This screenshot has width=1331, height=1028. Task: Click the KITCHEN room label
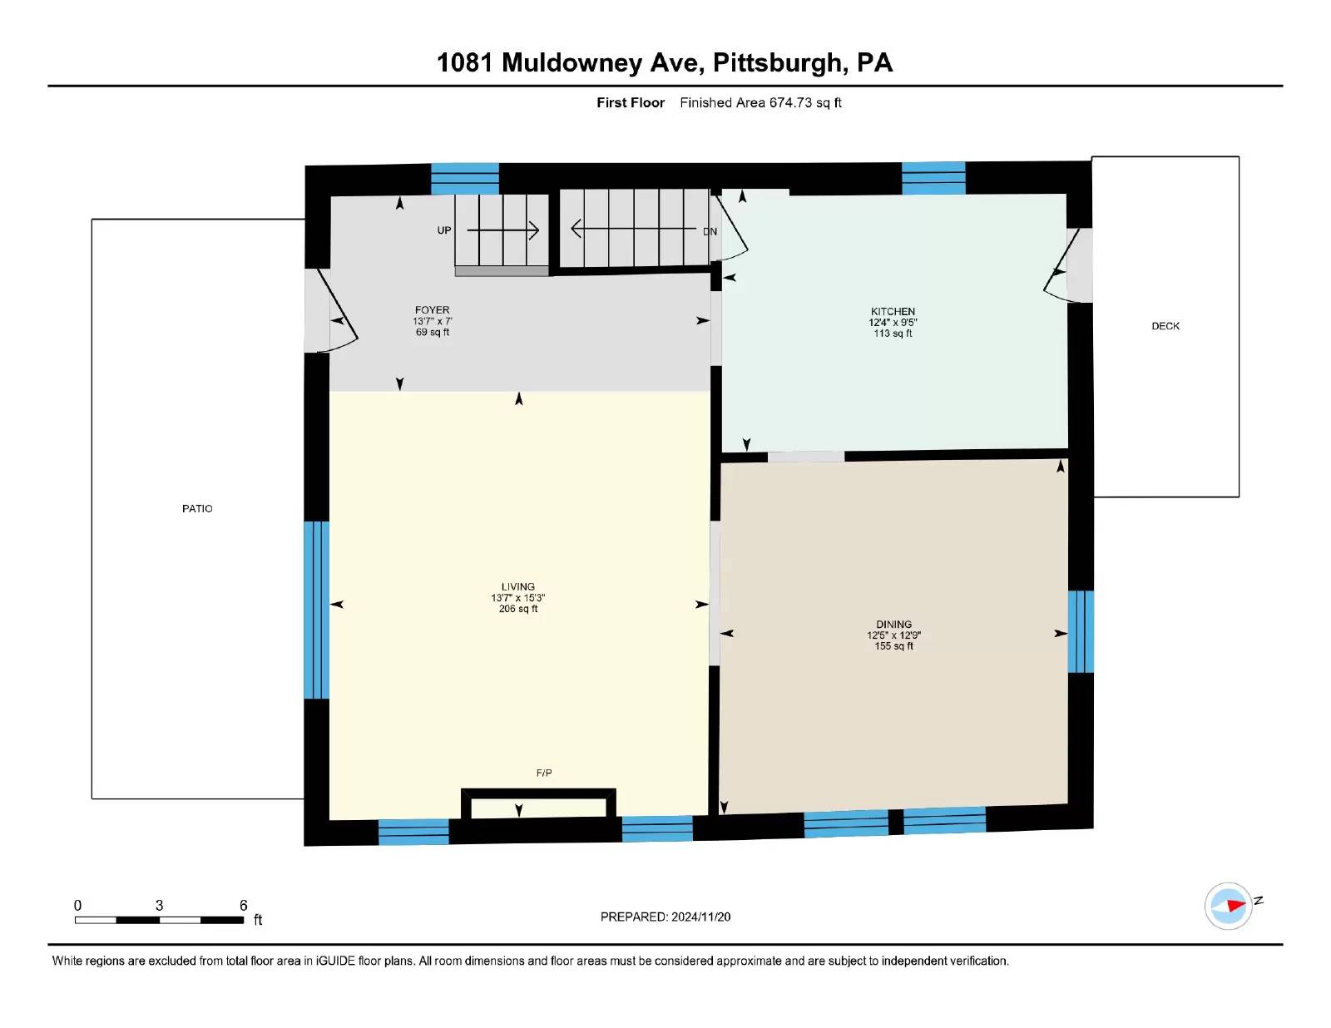[x=893, y=311]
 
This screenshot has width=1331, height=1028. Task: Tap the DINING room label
[x=893, y=624]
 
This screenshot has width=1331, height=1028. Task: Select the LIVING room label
[x=517, y=586]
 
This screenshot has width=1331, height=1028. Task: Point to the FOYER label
[x=432, y=309]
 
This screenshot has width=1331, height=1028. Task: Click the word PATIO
[x=197, y=508]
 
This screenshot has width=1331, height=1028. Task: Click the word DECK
[x=1165, y=326]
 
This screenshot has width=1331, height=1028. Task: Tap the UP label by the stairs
[x=444, y=230]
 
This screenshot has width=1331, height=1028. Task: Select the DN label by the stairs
[x=710, y=232]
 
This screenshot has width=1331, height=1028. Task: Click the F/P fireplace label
[x=544, y=773]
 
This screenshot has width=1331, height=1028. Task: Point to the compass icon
[x=1229, y=905]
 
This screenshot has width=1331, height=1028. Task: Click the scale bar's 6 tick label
[x=244, y=905]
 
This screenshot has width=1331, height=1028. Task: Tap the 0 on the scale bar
[x=78, y=905]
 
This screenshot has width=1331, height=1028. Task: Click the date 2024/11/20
[x=700, y=917]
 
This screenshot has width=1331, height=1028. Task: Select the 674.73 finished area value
[x=790, y=102]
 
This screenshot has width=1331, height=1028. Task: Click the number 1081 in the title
[x=465, y=63]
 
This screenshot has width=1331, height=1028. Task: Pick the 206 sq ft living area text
[x=518, y=609]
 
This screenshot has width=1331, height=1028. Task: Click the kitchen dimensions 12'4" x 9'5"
[x=893, y=322]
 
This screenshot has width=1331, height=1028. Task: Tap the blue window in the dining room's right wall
[x=1080, y=631]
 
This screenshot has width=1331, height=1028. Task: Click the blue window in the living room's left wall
[x=316, y=610]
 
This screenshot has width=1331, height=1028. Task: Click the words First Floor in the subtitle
[x=631, y=102]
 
